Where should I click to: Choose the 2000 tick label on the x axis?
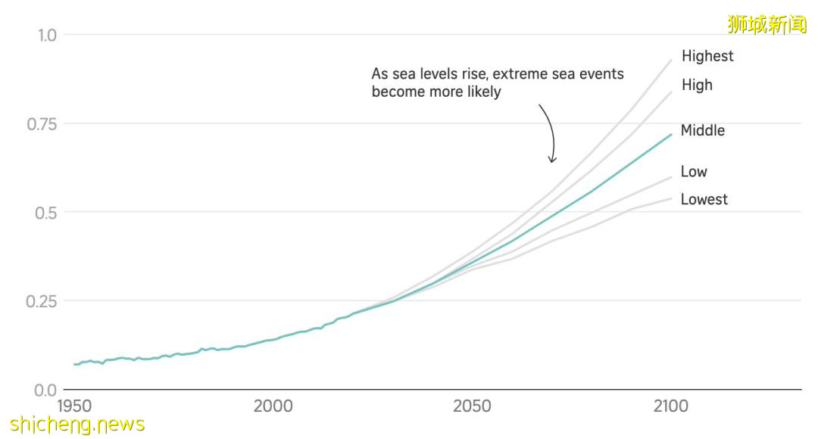click(273, 406)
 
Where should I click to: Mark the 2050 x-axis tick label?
click(472, 406)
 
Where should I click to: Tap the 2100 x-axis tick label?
click(670, 406)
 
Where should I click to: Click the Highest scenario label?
click(707, 56)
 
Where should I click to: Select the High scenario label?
click(697, 85)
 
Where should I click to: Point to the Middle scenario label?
click(702, 130)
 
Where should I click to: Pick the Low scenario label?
click(693, 172)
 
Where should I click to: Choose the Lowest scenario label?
click(704, 200)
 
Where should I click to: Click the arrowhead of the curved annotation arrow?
click(552, 160)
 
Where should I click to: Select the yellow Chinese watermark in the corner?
click(766, 24)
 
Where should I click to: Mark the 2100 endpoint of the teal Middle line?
click(671, 135)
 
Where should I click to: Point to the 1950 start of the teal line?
click(74, 364)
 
